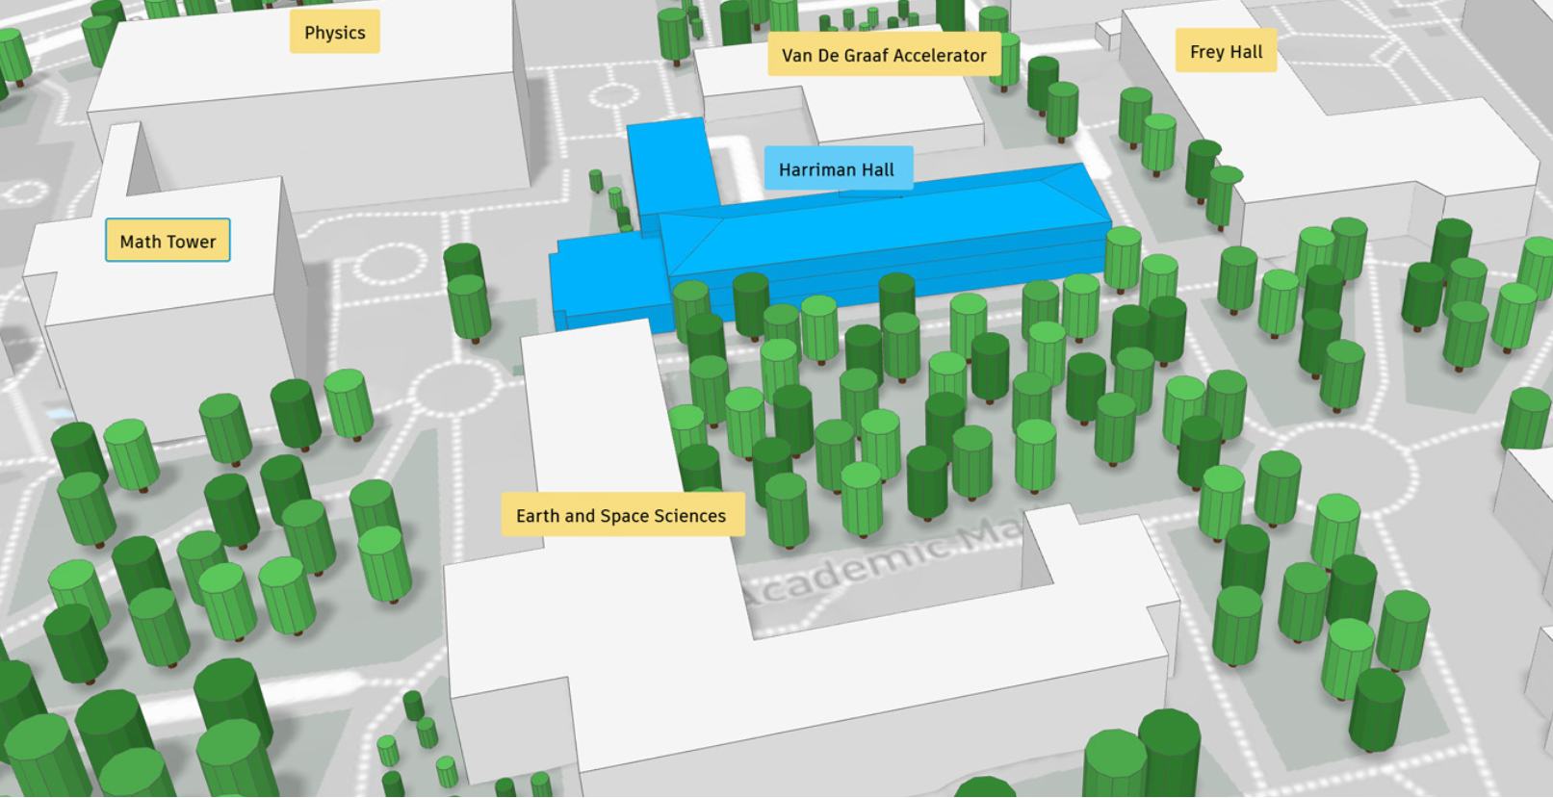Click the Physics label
tap(334, 33)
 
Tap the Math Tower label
tap(168, 242)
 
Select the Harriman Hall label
tap(836, 170)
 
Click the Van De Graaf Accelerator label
tap(883, 56)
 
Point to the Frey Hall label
tap(1226, 52)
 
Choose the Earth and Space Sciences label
tap(621, 516)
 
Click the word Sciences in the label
tap(689, 516)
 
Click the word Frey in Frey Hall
tap(1206, 52)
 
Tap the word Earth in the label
tap(537, 516)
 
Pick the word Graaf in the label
tap(884, 56)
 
